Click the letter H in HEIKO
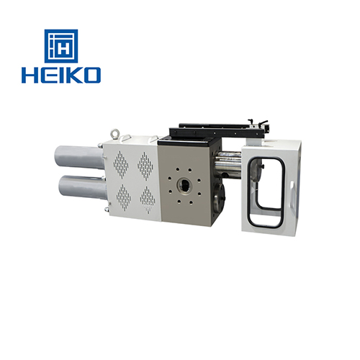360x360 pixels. point(31,74)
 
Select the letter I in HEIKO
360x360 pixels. point(60,74)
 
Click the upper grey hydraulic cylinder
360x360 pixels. point(79,155)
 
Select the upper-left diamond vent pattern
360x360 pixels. point(122,165)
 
